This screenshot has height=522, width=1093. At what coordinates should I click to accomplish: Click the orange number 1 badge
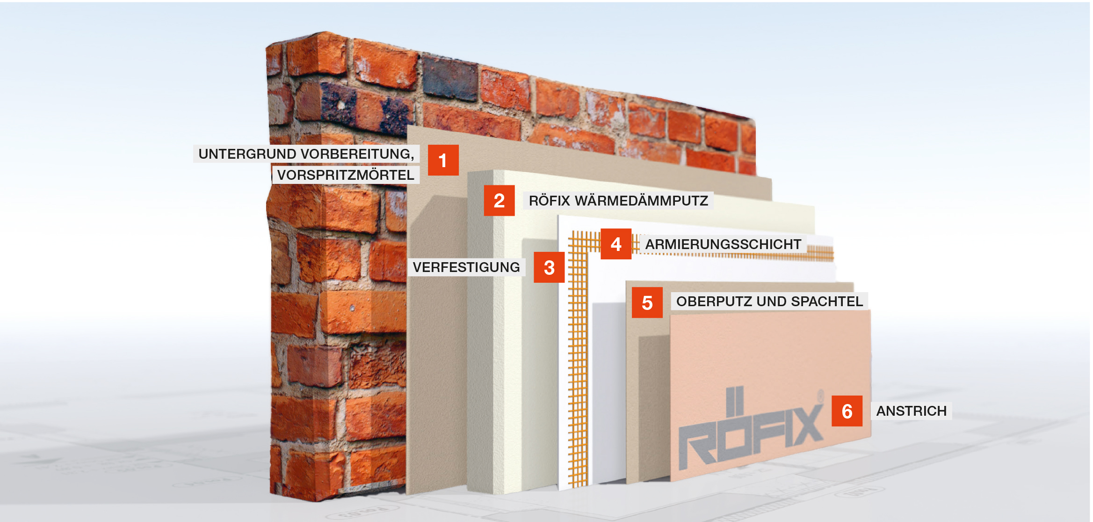tap(443, 160)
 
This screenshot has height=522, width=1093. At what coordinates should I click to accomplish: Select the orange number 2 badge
tap(499, 200)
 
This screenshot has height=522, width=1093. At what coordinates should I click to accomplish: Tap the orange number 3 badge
tap(549, 267)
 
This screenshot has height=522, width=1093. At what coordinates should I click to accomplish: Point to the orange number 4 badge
tap(616, 244)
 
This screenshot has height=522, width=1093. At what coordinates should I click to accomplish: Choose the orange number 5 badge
tap(647, 302)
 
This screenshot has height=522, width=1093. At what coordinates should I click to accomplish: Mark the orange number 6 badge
tap(847, 411)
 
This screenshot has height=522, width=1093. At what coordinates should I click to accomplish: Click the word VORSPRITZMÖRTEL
tap(346, 175)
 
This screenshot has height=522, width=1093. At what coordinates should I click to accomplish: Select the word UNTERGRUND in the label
tap(247, 154)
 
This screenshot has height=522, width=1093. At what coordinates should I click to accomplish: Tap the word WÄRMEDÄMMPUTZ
tap(641, 200)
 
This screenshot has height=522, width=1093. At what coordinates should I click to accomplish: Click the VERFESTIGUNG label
tap(466, 267)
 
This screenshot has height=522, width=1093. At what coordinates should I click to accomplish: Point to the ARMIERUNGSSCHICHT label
tap(724, 244)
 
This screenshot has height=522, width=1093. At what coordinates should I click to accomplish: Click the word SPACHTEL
tap(827, 301)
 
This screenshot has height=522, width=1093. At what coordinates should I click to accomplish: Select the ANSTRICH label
tap(912, 411)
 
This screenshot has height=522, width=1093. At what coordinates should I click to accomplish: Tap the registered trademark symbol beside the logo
tap(819, 396)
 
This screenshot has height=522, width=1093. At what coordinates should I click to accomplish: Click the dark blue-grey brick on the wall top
tap(450, 78)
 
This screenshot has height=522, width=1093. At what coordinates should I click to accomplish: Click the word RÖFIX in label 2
tap(550, 200)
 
